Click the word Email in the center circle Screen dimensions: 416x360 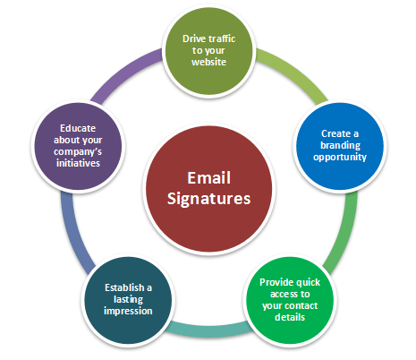(x=208, y=178)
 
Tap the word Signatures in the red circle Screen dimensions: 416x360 (x=208, y=199)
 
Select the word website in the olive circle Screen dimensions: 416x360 (x=208, y=62)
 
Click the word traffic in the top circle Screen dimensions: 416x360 (x=222, y=39)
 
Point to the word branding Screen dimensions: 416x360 (x=340, y=146)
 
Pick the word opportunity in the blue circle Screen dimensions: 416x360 (x=340, y=158)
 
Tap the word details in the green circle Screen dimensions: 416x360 (x=290, y=317)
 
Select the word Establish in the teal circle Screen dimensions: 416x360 (x=124, y=287)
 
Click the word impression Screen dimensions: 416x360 (x=128, y=311)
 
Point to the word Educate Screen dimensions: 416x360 (x=78, y=128)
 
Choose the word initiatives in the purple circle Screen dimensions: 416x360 (x=78, y=163)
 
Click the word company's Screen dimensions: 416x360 (x=78, y=152)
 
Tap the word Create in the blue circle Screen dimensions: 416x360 (x=335, y=133)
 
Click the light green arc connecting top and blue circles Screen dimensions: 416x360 (x=295, y=72)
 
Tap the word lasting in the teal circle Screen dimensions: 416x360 (x=128, y=299)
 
